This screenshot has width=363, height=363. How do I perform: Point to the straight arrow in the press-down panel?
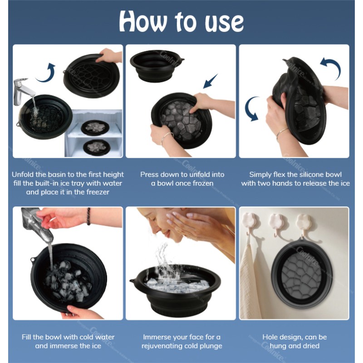click(x=211, y=82)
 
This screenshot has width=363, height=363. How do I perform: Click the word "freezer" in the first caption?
click(x=94, y=192)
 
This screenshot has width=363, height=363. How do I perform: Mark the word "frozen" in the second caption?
click(x=201, y=183)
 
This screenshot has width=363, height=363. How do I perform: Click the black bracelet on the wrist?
click(x=89, y=216)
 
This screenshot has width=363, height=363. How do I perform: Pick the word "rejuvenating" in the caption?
click(x=162, y=346)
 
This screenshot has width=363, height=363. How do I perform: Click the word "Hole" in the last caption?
click(x=271, y=337)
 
